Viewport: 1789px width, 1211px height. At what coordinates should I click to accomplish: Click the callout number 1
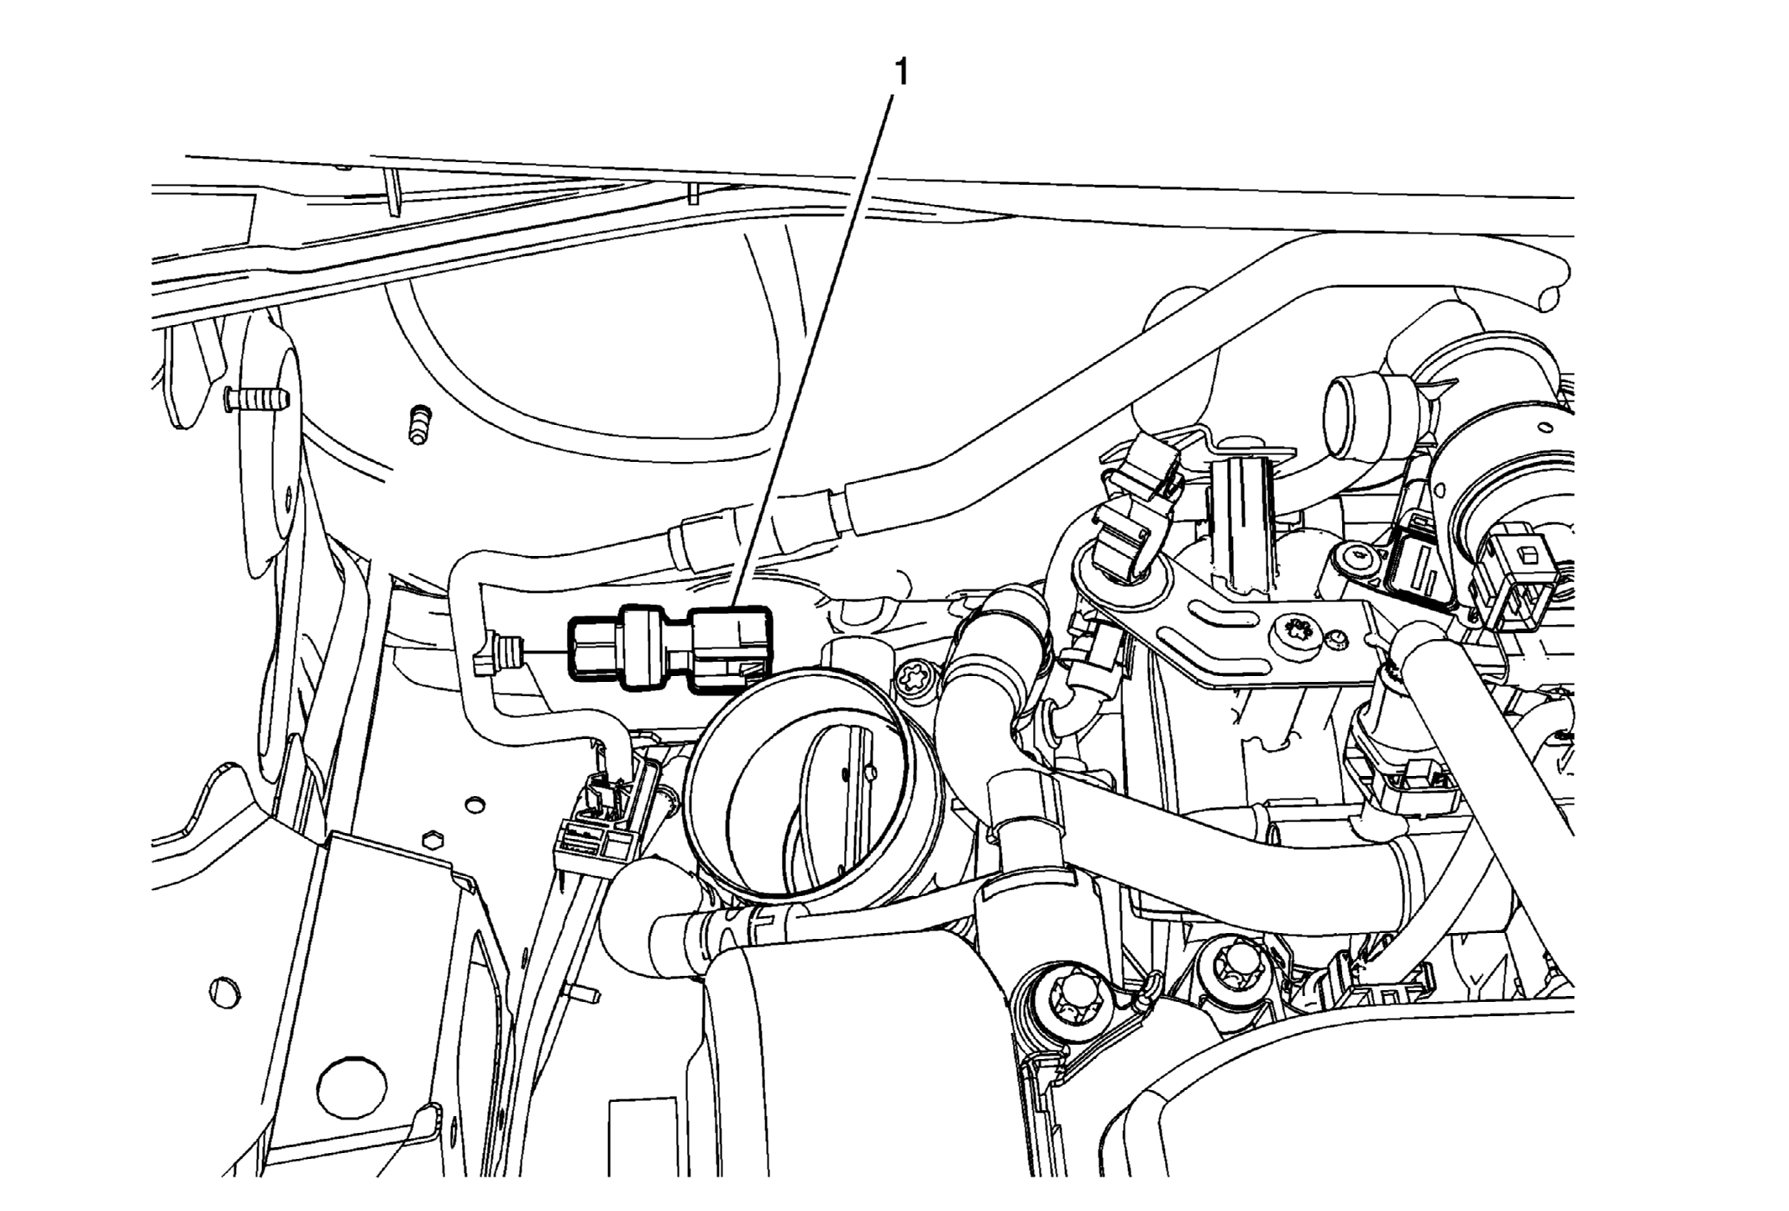(900, 73)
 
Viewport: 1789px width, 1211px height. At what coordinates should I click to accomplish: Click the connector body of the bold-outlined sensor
(729, 652)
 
